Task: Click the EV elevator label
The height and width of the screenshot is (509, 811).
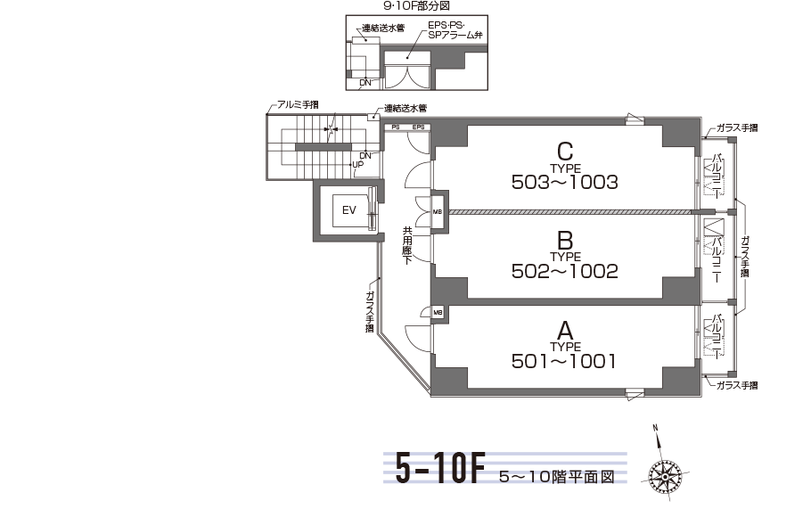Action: coord(349,210)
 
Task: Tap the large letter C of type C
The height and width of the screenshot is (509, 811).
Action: coord(565,152)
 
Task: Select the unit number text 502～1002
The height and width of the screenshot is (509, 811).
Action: coord(565,271)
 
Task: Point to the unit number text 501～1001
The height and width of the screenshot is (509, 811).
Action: coord(564,361)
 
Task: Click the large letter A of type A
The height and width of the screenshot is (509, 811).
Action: coord(565,331)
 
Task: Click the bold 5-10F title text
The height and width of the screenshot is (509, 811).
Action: coord(440,468)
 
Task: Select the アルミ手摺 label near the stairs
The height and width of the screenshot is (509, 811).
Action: coord(298,104)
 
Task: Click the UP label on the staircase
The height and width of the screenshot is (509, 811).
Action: coord(358,165)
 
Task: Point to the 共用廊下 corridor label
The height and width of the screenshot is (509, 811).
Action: coord(407,246)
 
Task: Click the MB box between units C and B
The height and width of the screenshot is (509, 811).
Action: coord(438,211)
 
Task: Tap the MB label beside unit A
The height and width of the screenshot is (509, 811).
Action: coord(438,312)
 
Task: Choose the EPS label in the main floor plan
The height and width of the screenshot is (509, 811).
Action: coord(419,127)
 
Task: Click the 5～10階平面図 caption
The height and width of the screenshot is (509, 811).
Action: coord(557,476)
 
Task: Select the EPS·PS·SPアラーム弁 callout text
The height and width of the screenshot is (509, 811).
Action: coord(455,30)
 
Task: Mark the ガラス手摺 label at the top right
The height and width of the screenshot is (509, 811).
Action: coord(737,127)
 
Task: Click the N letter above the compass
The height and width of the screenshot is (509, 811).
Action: coord(655,428)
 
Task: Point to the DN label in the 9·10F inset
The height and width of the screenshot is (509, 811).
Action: coord(365,83)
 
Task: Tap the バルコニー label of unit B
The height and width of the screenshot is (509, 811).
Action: coord(717,259)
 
